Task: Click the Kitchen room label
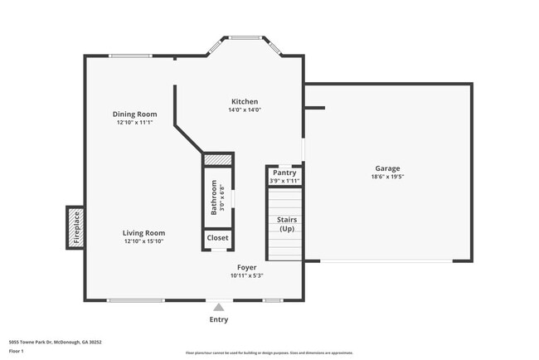[245, 101]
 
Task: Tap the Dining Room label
[135, 114]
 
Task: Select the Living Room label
[144, 233]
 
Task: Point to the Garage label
[387, 168]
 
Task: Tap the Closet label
[218, 238]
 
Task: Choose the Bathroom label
[214, 197]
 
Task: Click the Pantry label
[284, 173]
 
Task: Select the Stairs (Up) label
[286, 224]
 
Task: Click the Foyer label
[246, 268]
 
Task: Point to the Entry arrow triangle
[219, 308]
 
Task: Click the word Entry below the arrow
[219, 319]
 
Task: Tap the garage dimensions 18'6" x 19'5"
[387, 177]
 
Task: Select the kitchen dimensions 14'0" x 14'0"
[245, 109]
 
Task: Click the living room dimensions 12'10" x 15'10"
[144, 241]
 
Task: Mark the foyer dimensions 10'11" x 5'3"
[246, 276]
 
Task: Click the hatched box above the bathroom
[218, 159]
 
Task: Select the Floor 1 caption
[17, 351]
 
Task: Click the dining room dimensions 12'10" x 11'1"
[135, 123]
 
